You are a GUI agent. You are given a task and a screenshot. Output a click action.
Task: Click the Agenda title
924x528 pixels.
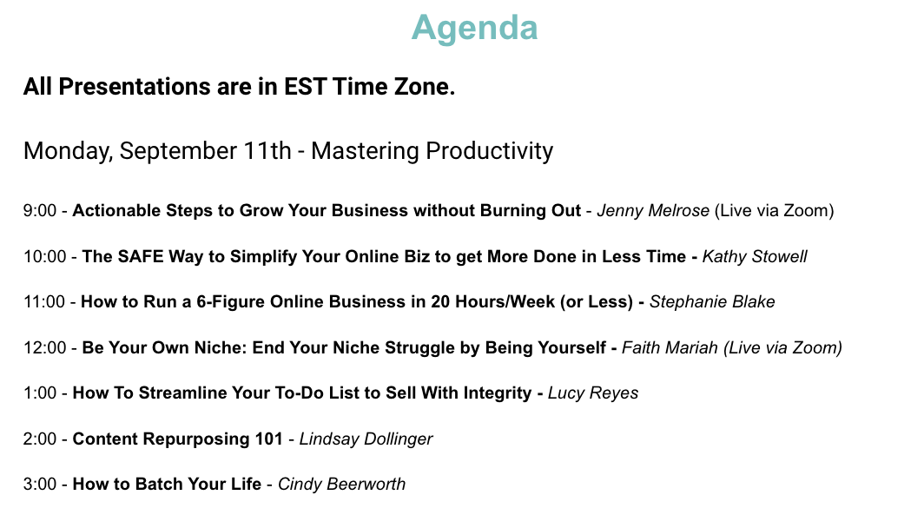[x=474, y=29]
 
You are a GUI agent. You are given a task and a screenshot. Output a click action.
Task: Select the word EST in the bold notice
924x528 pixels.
[x=306, y=87]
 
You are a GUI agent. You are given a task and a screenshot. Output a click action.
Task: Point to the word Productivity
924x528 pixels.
[x=490, y=151]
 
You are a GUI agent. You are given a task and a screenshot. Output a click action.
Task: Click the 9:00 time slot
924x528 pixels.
[x=40, y=210]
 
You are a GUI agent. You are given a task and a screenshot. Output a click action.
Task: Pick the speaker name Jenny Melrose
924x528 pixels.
[x=653, y=210]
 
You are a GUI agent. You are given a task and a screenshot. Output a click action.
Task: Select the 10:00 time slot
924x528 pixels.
[x=45, y=256]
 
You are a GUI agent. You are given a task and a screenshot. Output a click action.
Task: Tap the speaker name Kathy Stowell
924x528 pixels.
[x=755, y=256]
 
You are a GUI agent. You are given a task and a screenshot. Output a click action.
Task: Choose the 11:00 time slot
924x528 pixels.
[x=44, y=301]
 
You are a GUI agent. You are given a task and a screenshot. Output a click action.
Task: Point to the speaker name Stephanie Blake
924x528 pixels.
[x=712, y=301]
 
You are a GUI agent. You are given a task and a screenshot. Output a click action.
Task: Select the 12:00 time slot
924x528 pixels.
[x=45, y=347]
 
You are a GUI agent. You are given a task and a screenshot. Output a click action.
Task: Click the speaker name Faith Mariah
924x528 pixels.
[x=670, y=347]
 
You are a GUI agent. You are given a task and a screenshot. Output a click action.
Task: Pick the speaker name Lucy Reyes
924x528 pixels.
[x=593, y=393]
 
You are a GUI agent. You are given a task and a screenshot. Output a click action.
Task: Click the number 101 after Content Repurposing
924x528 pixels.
[x=268, y=439]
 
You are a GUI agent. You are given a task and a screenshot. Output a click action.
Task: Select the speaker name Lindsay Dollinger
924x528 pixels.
[x=366, y=439]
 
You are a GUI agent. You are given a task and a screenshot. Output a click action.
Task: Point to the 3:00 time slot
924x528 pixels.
[x=40, y=485]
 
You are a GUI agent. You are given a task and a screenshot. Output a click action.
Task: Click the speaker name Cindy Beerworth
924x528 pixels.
[x=342, y=485]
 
